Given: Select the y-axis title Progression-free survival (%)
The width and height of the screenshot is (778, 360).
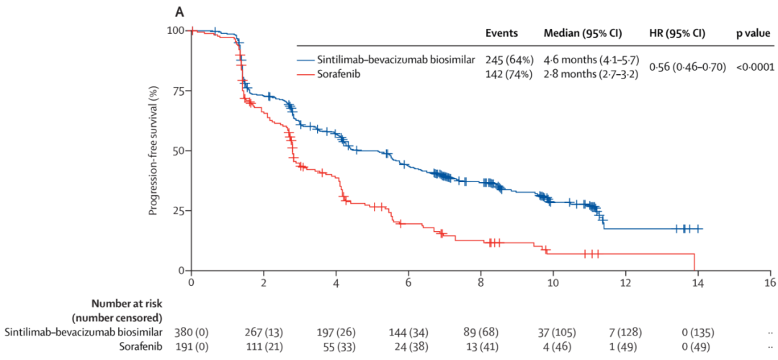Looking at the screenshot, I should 153,150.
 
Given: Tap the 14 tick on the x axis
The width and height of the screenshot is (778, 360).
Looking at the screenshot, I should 698,282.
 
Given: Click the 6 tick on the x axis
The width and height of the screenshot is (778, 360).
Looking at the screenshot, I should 408,282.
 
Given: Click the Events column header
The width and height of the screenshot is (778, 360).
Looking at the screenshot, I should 501,34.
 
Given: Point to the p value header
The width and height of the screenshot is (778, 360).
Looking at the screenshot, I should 753,34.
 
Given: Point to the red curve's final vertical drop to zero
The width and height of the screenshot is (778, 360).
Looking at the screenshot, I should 694,262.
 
